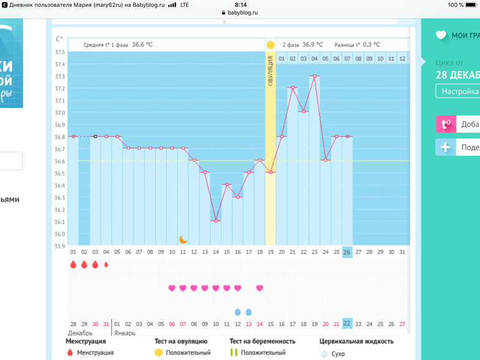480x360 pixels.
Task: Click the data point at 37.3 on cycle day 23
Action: coord(315,76)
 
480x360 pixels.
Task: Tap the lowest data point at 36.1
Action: coord(216,220)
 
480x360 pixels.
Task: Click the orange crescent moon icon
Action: coord(183,239)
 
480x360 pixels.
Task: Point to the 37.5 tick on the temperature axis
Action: coord(60,52)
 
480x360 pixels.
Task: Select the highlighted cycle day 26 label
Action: coord(347,252)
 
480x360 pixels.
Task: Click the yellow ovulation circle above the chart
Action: coord(271,45)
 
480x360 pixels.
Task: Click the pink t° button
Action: coord(446,124)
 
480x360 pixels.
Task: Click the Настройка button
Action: coord(457,91)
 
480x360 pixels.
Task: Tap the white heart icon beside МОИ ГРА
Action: coord(441,36)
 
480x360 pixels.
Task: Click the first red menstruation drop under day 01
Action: coord(73,264)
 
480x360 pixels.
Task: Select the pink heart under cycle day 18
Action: coord(260,288)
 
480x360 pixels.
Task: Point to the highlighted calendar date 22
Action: coord(347,323)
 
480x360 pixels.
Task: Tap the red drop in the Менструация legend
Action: coord(69,353)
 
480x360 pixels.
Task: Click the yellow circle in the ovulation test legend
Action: coord(158,353)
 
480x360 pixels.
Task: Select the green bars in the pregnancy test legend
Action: coord(233,353)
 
